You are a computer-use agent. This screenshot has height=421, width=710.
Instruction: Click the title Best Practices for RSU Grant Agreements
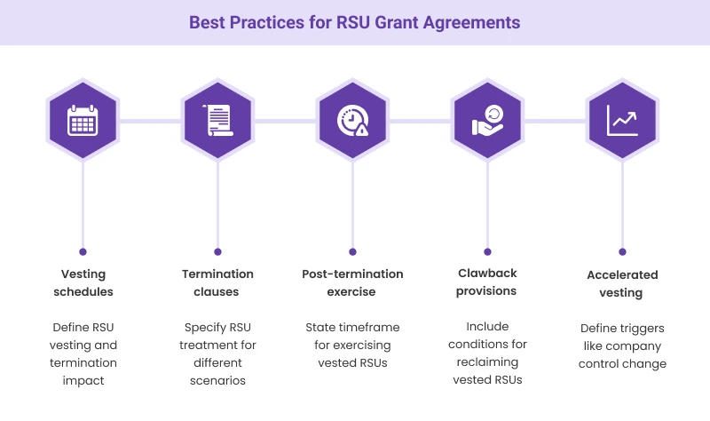[355, 21]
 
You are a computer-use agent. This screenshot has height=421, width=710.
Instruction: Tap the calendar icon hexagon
[83, 120]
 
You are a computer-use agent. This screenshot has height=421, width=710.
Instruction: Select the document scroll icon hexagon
[217, 120]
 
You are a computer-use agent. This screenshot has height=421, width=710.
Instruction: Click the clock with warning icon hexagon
[352, 120]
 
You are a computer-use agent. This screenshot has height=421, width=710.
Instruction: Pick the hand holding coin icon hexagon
[487, 120]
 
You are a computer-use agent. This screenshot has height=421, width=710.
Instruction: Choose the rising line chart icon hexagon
[622, 120]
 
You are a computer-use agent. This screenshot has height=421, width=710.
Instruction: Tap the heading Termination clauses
[217, 282]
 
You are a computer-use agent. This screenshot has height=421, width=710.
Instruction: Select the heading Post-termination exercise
[352, 282]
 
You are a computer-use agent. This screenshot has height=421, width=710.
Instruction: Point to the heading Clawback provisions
[487, 282]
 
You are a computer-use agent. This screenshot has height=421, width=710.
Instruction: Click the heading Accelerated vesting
[622, 283]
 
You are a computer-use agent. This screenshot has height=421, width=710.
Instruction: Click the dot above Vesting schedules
[83, 251]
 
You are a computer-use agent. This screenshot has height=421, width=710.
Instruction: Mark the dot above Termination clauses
[217, 251]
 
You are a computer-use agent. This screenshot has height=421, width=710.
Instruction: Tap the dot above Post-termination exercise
[352, 251]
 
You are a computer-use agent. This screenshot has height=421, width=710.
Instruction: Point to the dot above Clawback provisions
[487, 251]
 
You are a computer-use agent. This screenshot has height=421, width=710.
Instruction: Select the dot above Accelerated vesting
[622, 251]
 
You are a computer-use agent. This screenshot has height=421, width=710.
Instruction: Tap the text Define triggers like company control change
[622, 346]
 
